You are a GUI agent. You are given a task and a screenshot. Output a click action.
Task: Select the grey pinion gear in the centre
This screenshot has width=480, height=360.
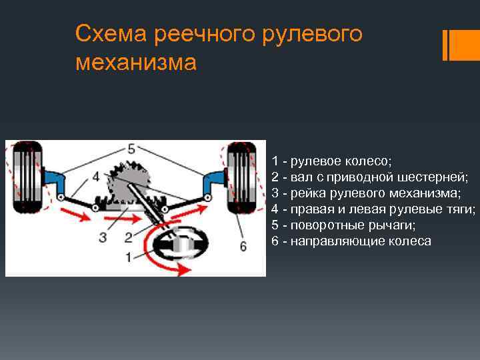(132, 179)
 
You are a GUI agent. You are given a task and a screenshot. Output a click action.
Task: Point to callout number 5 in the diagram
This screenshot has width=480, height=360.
(131, 148)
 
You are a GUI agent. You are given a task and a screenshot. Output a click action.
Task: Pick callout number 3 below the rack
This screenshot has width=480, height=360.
(102, 237)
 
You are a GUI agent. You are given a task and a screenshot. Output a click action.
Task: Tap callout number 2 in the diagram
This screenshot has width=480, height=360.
(129, 237)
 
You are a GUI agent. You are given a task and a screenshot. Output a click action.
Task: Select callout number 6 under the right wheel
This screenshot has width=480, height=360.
(243, 247)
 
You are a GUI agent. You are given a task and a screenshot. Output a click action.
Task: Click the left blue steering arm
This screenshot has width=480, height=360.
(57, 183)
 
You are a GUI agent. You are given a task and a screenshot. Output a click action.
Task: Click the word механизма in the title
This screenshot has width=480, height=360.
(136, 63)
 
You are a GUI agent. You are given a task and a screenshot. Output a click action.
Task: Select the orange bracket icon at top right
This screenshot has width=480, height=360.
(455, 45)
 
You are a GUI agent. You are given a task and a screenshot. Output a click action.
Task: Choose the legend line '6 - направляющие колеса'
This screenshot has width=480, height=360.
(351, 241)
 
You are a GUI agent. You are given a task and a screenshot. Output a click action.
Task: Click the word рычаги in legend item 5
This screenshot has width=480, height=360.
(394, 225)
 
